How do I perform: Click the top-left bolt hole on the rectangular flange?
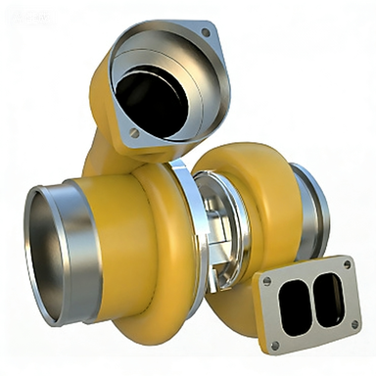[x=267, y=282]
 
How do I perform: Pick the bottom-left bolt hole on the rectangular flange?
[x=274, y=344]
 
